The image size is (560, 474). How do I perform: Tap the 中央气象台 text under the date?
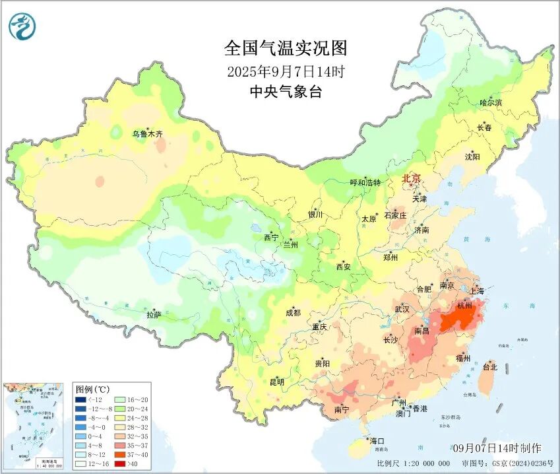(x=285, y=92)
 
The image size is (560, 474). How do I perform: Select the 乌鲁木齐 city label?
(x=146, y=134)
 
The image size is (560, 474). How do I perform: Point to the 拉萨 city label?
(x=153, y=316)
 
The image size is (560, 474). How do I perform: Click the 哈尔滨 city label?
(x=491, y=103)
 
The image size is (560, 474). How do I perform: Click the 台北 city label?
(x=490, y=366)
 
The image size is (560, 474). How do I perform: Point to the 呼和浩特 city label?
(x=365, y=182)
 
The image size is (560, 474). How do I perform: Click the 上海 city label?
(x=476, y=291)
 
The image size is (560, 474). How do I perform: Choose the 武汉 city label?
(x=402, y=309)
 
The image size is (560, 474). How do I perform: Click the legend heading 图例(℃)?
(x=92, y=389)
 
